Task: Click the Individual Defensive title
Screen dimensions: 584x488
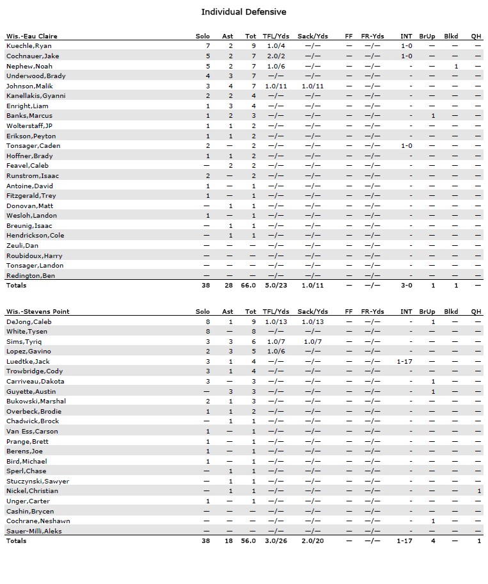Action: pyautogui.click(x=244, y=12)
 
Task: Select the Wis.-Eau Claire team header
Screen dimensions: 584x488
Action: pyautogui.click(x=32, y=36)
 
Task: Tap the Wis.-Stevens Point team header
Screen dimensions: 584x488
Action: pyautogui.click(x=38, y=311)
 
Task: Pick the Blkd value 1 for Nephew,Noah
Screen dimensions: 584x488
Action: pyautogui.click(x=456, y=66)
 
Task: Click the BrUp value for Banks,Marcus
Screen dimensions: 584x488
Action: pyautogui.click(x=433, y=116)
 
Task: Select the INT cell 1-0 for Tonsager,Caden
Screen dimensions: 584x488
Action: pyautogui.click(x=406, y=146)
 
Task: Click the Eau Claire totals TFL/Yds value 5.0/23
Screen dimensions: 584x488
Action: pyautogui.click(x=277, y=286)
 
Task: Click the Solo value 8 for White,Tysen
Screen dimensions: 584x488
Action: pyautogui.click(x=208, y=332)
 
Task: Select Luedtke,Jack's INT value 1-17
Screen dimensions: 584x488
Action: pyautogui.click(x=404, y=361)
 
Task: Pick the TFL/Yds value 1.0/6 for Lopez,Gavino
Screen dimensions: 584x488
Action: pyautogui.click(x=277, y=352)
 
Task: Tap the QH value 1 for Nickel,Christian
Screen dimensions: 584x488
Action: pyautogui.click(x=479, y=491)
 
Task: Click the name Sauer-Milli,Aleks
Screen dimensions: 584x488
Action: pyautogui.click(x=34, y=531)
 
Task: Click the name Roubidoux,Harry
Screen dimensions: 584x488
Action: pyautogui.click(x=34, y=255)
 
